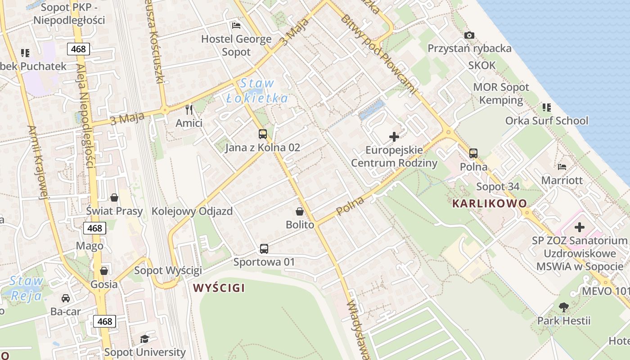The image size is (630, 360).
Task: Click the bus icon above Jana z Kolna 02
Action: click(263, 134)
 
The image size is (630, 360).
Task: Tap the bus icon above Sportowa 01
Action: click(264, 248)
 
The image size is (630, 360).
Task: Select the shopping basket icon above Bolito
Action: click(300, 211)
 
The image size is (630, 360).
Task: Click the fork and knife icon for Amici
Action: click(189, 109)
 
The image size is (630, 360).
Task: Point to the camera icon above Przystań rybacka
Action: click(469, 35)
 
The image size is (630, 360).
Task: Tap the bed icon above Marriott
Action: click(562, 167)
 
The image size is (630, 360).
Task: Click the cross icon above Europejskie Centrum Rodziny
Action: click(394, 136)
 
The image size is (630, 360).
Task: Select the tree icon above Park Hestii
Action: click(563, 307)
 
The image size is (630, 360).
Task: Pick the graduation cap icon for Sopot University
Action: click(144, 339)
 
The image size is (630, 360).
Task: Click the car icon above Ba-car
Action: click(66, 298)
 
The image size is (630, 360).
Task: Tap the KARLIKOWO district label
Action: click(489, 203)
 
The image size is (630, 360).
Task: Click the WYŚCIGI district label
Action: click(219, 288)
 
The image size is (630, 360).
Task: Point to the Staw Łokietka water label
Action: click(257, 90)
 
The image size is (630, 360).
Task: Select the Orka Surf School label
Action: click(547, 120)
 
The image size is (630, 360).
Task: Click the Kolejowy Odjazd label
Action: click(192, 211)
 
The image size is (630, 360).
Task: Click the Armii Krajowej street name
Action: click(37, 162)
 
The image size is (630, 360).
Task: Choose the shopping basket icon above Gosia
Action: click(104, 270)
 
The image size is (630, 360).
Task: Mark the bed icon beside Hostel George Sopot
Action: click(236, 25)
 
